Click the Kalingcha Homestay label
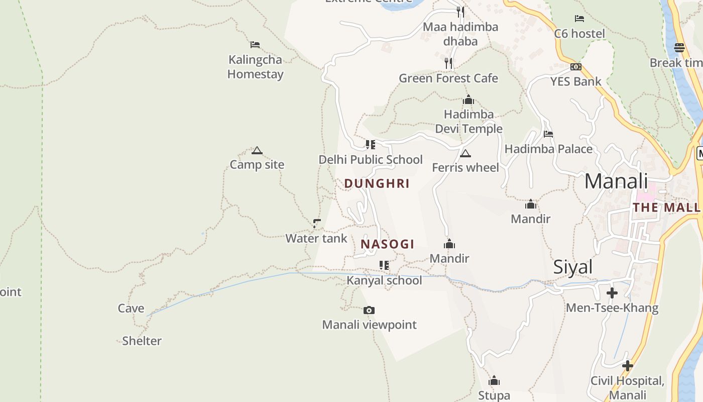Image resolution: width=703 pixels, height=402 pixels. tap(255, 67)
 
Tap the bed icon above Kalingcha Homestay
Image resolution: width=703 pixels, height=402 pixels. tap(255, 45)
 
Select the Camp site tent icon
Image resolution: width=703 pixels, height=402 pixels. tap(257, 150)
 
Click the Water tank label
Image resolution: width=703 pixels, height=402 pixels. tap(316, 238)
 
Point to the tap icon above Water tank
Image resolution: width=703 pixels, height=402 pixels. tap(317, 223)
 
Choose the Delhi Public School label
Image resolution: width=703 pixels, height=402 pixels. tap(371, 160)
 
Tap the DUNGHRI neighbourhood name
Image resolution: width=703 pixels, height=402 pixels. tap(377, 183)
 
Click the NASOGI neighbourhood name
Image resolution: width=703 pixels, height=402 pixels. tap(387, 244)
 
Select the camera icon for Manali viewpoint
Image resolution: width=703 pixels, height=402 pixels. tap(369, 311)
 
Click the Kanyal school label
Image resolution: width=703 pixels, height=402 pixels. tap(384, 280)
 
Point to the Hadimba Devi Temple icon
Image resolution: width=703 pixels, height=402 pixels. tap(468, 100)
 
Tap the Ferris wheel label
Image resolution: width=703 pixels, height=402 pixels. tap(465, 167)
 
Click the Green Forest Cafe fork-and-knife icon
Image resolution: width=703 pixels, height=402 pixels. tap(448, 63)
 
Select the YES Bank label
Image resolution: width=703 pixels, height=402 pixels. tap(575, 81)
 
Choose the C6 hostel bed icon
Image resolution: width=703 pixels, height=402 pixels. tap(579, 19)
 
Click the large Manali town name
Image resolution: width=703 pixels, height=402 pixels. tap(616, 181)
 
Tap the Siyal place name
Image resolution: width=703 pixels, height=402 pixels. tap(573, 267)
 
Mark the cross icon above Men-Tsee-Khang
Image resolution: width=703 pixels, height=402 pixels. tap(612, 293)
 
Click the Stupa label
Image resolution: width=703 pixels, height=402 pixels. tap(494, 395)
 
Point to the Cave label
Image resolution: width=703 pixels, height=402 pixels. tap(131, 309)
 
